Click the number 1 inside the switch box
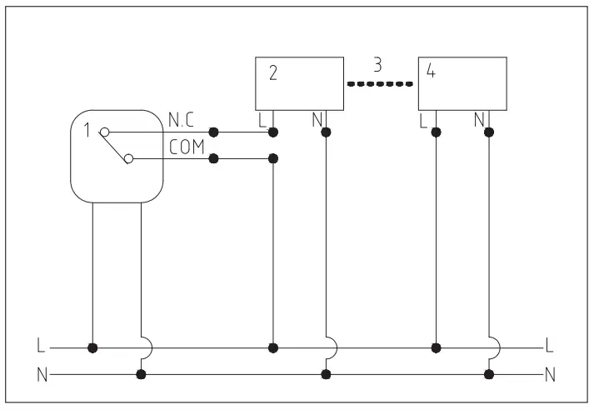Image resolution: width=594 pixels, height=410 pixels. (x=89, y=132)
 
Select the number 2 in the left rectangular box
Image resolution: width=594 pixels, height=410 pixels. (x=272, y=72)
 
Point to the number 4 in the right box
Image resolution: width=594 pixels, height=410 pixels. (x=430, y=72)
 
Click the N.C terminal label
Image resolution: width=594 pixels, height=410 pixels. (x=182, y=121)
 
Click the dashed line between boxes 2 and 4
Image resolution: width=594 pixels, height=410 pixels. (x=381, y=83)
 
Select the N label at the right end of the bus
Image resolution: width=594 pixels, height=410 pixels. (x=549, y=374)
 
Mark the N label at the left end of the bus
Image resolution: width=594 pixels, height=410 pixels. (x=41, y=374)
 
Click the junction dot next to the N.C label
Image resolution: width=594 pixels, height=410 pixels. (x=214, y=132)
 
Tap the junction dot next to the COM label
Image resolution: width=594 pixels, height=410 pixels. (x=214, y=158)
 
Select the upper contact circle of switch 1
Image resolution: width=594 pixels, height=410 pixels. (x=104, y=132)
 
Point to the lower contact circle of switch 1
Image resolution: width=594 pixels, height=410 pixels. (x=128, y=158)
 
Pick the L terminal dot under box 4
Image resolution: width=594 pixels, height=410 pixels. (x=436, y=132)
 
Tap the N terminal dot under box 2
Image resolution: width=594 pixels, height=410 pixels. (x=326, y=132)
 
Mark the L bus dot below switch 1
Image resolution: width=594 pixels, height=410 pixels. (x=92, y=346)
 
